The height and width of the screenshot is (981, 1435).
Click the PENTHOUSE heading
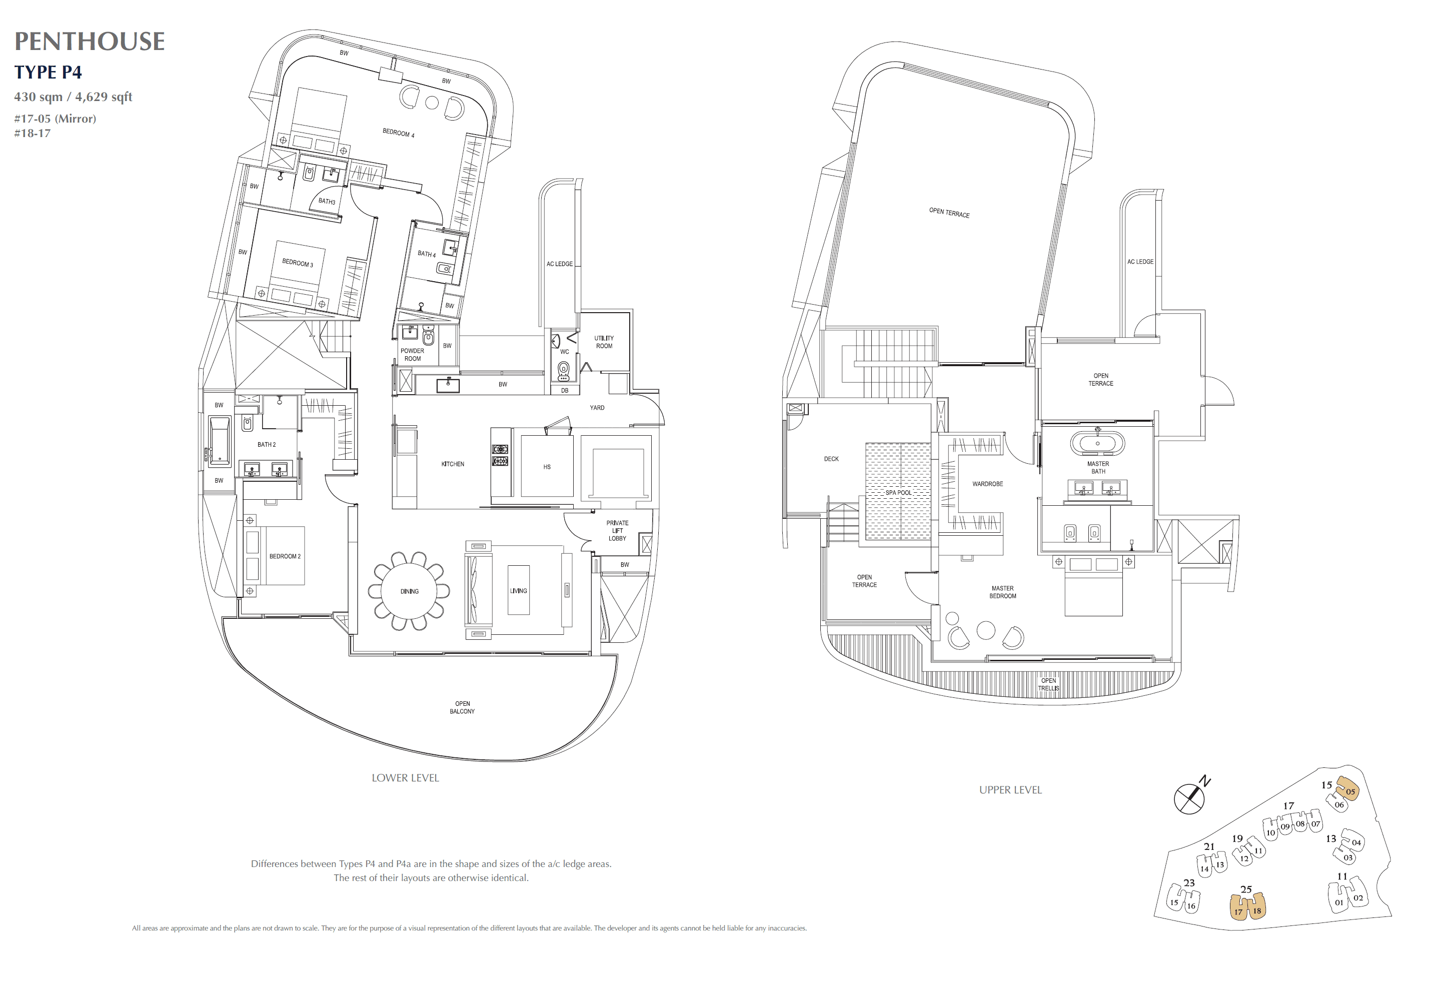point(90,42)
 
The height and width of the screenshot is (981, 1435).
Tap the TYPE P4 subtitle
point(48,72)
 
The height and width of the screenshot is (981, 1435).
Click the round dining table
point(409,591)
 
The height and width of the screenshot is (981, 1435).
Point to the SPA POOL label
point(898,492)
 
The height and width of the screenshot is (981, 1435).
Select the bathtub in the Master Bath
point(1097,444)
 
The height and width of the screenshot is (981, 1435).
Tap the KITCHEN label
point(453,464)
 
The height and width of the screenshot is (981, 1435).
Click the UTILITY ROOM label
point(604,342)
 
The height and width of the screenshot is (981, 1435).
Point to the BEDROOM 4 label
point(398,133)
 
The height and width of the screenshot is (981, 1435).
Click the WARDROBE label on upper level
point(987,484)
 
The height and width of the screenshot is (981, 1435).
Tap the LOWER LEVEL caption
point(405,778)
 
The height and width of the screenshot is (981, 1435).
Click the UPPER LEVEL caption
point(1010,789)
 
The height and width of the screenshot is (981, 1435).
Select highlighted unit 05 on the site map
point(1348,790)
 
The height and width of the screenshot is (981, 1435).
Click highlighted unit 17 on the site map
point(1238,910)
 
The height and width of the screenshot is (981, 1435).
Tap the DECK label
point(831,459)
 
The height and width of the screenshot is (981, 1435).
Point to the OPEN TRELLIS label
point(1048,684)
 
